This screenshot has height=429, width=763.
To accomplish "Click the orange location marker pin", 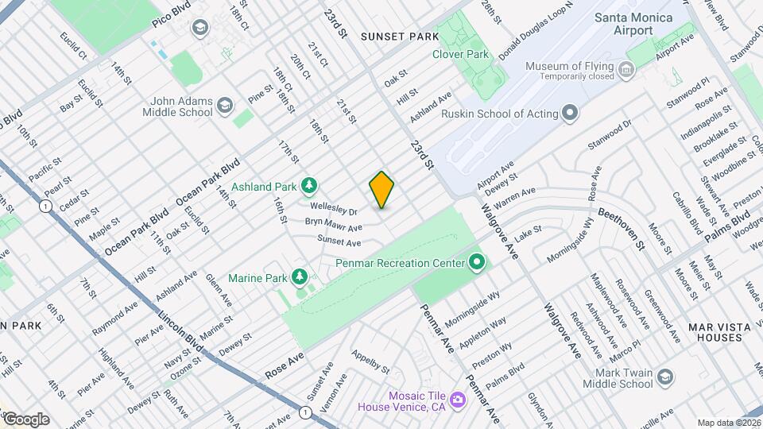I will [x=382, y=190].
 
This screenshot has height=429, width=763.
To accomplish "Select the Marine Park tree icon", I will [x=300, y=277].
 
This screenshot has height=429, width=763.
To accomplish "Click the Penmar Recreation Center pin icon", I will [x=477, y=261].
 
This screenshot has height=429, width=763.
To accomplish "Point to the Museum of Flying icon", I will [x=627, y=71].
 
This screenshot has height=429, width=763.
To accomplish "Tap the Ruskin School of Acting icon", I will [x=569, y=113].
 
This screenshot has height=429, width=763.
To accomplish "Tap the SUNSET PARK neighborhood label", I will [x=399, y=37].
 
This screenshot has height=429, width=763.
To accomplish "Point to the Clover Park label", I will [x=460, y=54].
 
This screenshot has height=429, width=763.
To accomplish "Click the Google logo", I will [x=25, y=419].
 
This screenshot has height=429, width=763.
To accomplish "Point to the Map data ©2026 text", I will [x=728, y=423].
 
